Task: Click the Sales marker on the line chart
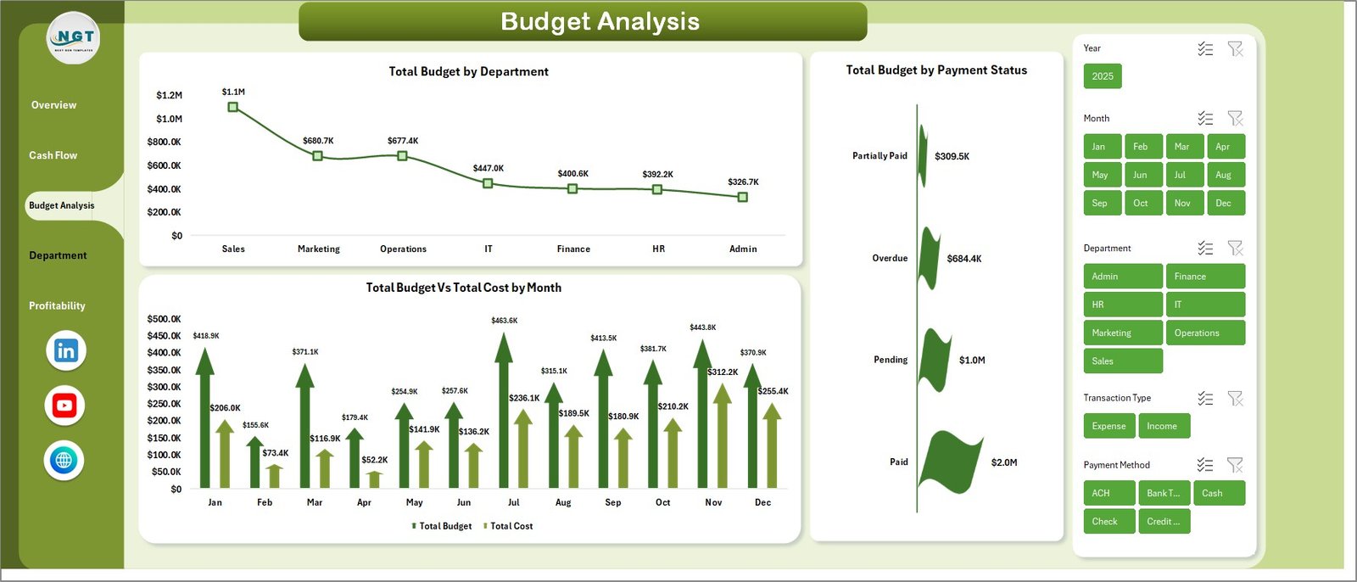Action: click(233, 107)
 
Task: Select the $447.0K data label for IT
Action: click(489, 168)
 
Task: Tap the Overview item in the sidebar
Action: click(53, 105)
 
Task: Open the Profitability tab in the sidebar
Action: click(57, 305)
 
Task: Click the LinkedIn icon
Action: click(66, 350)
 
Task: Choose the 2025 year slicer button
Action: click(1103, 76)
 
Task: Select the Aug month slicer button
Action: click(1223, 175)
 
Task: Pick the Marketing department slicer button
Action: click(1122, 333)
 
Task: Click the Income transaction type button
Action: click(1162, 426)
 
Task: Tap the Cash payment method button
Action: click(1218, 493)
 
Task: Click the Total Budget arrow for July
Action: click(504, 411)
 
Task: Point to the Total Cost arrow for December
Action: click(772, 445)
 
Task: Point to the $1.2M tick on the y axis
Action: click(169, 95)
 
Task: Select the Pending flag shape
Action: click(935, 360)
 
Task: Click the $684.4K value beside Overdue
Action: click(964, 259)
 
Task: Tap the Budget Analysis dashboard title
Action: click(600, 21)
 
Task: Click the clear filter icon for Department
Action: click(1235, 248)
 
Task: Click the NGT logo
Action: click(74, 38)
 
